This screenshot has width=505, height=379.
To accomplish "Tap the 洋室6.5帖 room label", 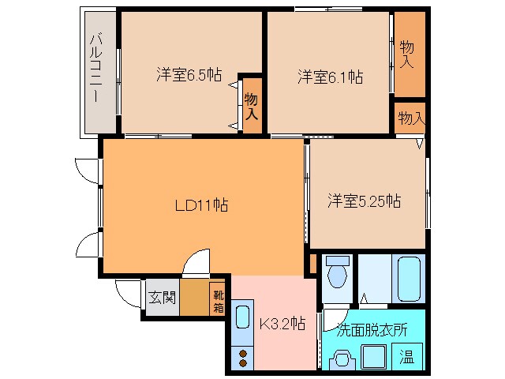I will [189, 77].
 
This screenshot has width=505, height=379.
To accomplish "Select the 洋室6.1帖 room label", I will [330, 77].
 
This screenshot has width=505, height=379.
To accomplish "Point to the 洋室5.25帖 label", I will [364, 201].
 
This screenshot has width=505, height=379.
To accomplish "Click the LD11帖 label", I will [201, 205].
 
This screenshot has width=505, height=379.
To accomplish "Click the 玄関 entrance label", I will [160, 298].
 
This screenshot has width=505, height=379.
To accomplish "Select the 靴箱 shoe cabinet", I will [218, 299].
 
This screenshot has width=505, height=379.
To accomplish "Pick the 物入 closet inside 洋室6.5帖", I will [252, 106].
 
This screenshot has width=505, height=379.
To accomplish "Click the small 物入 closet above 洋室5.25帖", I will [411, 118].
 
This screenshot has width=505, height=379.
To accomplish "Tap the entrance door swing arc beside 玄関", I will [126, 291].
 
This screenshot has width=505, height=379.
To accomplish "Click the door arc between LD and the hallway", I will [195, 262].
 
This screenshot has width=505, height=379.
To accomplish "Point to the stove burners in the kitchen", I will [242, 358].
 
